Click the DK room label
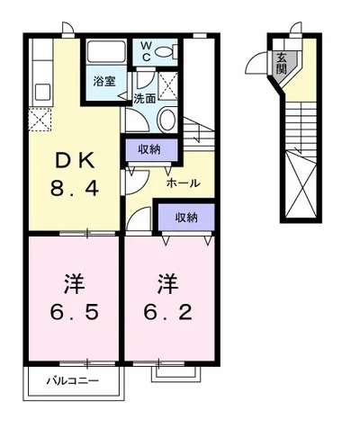(x=75, y=163)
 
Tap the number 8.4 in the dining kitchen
(x=75, y=190)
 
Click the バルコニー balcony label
(x=73, y=381)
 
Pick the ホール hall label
(x=183, y=183)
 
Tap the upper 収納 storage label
(x=150, y=149)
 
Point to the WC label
(x=144, y=51)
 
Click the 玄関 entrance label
(x=282, y=63)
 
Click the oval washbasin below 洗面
(x=167, y=120)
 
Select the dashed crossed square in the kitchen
(x=40, y=119)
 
